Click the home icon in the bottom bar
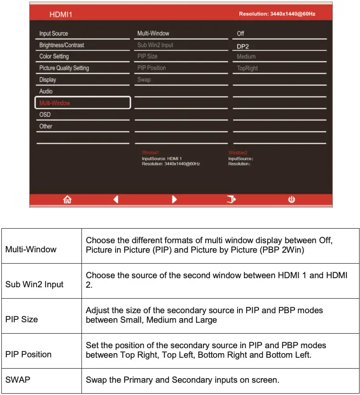click(x=67, y=199)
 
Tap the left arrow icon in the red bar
click(x=116, y=199)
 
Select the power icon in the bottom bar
click(x=292, y=199)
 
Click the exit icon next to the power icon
click(x=232, y=199)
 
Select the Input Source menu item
click(x=54, y=34)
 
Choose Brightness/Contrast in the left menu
click(x=62, y=45)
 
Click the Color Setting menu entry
click(x=54, y=56)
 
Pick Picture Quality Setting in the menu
click(x=64, y=68)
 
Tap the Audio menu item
click(x=46, y=91)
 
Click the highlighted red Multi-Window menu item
click(x=55, y=103)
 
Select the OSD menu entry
click(x=45, y=115)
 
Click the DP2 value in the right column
click(x=243, y=46)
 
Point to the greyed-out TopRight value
click(x=248, y=69)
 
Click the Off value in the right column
click(x=241, y=34)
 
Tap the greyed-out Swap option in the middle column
click(x=144, y=80)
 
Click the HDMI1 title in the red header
click(x=61, y=15)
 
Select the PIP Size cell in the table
click(x=21, y=320)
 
